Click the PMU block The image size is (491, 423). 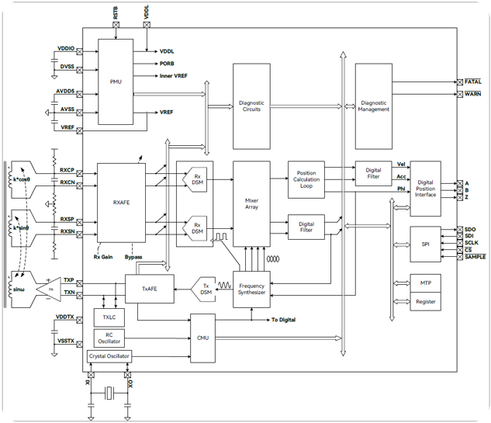click(x=116, y=81)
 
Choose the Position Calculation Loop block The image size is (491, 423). click(x=306, y=179)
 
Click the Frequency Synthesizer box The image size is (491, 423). click(x=251, y=290)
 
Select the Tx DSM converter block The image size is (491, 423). click(x=204, y=288)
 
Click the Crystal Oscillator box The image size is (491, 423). click(x=109, y=356)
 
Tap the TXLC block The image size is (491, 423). click(x=108, y=318)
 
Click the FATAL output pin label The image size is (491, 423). click(x=473, y=81)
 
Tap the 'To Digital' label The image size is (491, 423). click(x=285, y=320)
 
